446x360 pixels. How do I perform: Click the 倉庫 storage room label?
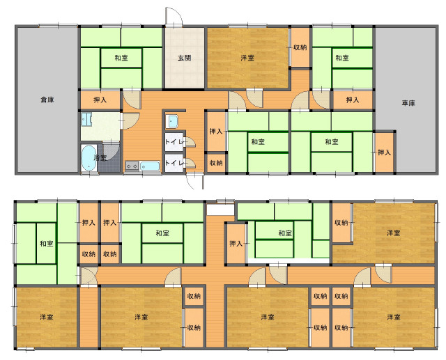coord(47,100)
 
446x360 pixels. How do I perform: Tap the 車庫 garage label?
coord(408,103)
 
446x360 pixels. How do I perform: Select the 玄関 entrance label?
coord(184,58)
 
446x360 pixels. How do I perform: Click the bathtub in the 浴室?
coord(89,158)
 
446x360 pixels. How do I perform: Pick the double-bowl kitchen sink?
coord(132,166)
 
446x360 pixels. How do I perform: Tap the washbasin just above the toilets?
coord(172,122)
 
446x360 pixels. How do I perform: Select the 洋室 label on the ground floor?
coord(247,58)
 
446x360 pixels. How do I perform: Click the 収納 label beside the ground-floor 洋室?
coord(300,47)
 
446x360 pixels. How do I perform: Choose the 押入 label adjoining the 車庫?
coord(384,152)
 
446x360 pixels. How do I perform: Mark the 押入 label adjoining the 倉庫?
coord(100,100)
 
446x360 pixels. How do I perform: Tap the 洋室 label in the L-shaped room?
coord(393,233)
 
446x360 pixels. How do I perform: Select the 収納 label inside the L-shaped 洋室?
coord(341,223)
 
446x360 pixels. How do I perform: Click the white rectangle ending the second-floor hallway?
coord(220,210)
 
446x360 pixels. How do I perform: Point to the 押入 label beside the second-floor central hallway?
coord(236,244)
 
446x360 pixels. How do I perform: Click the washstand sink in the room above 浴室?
coord(86,120)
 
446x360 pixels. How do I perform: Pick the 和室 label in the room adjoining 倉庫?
coord(121,58)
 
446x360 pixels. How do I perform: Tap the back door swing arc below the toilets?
coord(190,181)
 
